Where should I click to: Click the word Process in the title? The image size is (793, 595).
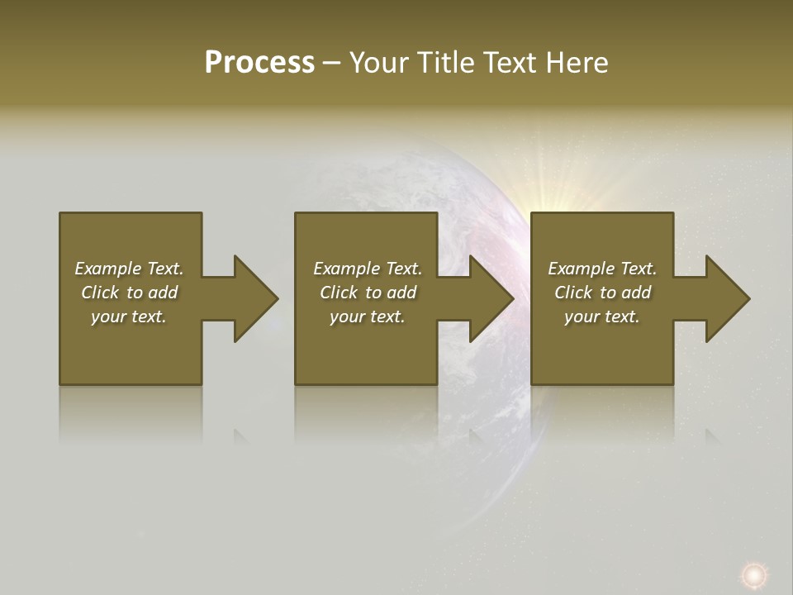click(x=259, y=63)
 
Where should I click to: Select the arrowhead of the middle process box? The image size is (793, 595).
click(x=490, y=298)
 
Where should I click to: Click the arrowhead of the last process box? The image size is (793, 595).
click(x=726, y=298)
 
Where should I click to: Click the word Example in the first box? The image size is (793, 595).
click(x=107, y=269)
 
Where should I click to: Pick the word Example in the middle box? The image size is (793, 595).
click(x=346, y=269)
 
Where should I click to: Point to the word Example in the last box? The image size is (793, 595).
click(x=581, y=269)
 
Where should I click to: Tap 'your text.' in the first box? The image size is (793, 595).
click(x=129, y=317)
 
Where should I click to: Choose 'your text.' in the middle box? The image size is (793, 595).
click(x=368, y=317)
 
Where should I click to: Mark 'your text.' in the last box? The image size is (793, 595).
click(x=602, y=317)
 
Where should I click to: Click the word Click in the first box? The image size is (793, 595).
click(x=100, y=293)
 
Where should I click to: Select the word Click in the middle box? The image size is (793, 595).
click(x=339, y=293)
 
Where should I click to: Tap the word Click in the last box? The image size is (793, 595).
click(x=573, y=293)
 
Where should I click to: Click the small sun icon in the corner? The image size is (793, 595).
click(x=753, y=574)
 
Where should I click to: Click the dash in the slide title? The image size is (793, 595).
click(x=331, y=63)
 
